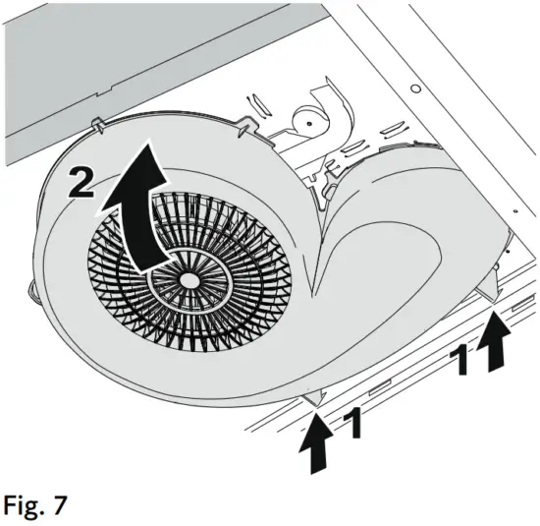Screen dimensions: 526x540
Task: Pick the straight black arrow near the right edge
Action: click(497, 349)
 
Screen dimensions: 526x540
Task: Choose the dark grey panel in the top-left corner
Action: click(98, 49)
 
